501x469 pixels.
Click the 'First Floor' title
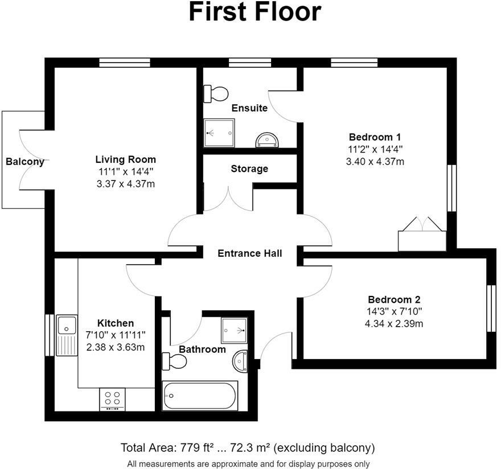tap(254, 13)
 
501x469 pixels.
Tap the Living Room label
tap(125, 159)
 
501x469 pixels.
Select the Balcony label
tap(25, 162)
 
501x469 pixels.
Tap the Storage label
tap(249, 168)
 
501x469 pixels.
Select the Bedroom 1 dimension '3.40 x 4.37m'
tap(375, 162)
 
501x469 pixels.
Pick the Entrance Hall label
tap(249, 253)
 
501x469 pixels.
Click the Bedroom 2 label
tap(394, 299)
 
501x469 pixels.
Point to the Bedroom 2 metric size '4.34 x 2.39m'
tap(394, 324)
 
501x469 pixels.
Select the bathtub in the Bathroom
tap(200, 396)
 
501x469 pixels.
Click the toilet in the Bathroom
tap(174, 361)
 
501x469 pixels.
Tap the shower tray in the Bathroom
tap(235, 327)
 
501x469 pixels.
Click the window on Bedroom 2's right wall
tap(491, 308)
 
